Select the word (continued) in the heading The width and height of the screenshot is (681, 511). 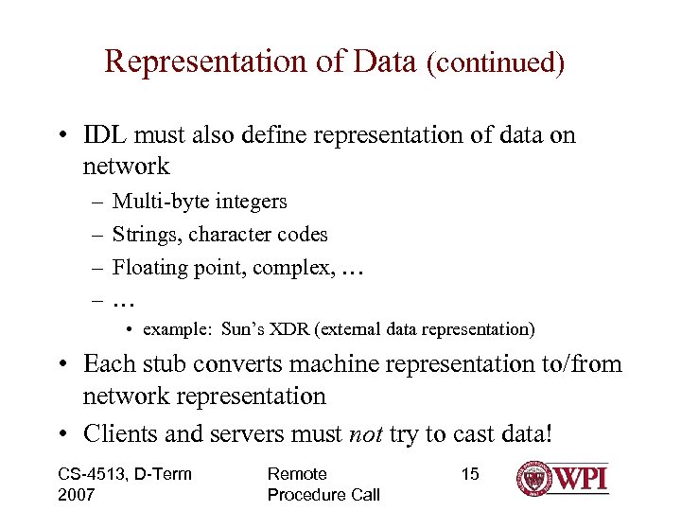pos(496,63)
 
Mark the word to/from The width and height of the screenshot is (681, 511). pos(579,364)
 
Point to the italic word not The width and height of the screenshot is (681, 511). pos(365,434)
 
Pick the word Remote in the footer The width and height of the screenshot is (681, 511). pos(297,474)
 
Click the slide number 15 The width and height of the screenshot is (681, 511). pos(470,474)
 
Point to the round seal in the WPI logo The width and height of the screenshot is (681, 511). pos(535,479)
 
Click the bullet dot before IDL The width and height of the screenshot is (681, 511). pos(60,136)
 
